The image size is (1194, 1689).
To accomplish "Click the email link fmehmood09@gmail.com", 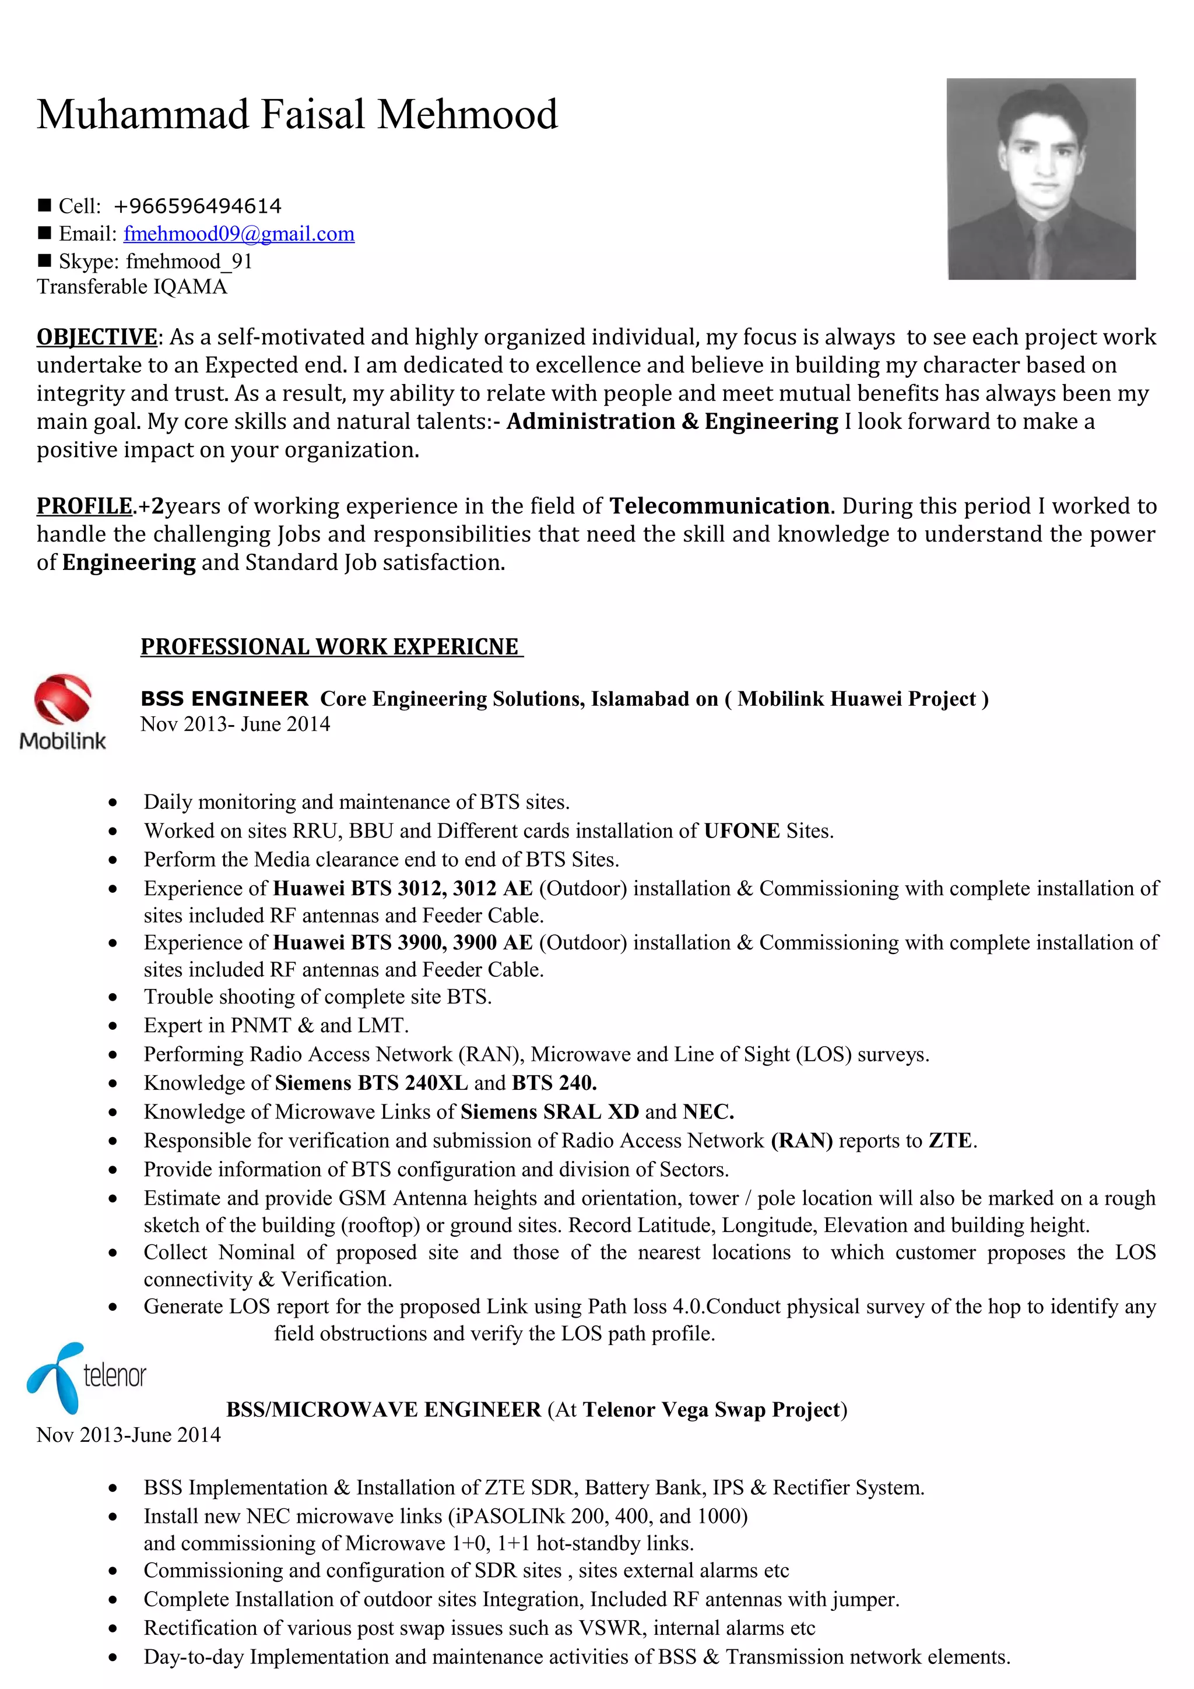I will tap(238, 234).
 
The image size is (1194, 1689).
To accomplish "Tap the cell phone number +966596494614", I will tap(197, 206).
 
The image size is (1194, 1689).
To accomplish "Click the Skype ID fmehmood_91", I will tap(189, 262).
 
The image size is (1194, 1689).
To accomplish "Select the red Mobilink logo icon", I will tap(62, 699).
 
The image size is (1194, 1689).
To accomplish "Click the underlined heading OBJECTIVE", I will tap(96, 337).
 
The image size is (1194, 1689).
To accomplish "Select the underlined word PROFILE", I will tap(85, 506).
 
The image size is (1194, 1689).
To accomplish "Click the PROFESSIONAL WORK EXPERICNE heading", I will tap(331, 646).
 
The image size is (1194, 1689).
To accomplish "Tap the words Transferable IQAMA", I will tap(132, 287).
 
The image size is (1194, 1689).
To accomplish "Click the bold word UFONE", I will tap(742, 831).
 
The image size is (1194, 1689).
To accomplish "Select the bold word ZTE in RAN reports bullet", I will tap(950, 1141).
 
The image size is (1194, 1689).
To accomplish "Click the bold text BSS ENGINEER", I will tap(224, 699).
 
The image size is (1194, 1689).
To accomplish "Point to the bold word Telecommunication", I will tap(719, 506).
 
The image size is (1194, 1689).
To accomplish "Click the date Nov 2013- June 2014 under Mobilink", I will tap(236, 724).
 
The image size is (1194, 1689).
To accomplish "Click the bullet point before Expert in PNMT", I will tap(113, 1026).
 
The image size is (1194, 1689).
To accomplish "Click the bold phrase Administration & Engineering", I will tap(672, 421).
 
